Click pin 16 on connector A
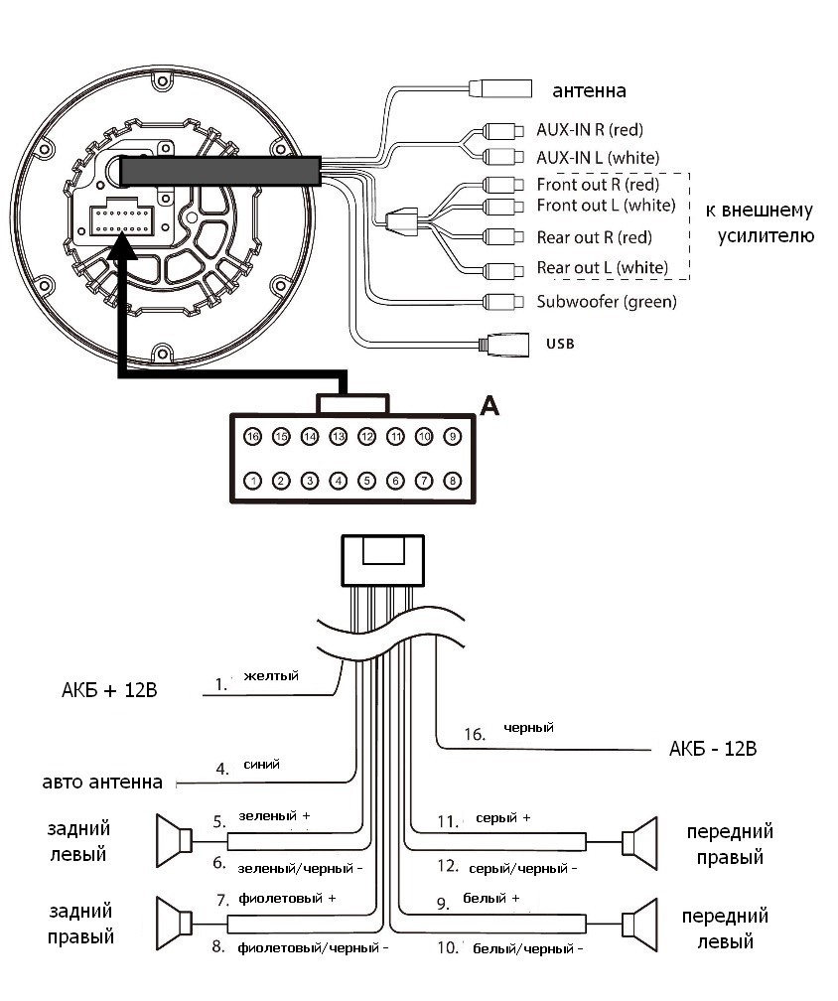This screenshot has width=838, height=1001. (253, 437)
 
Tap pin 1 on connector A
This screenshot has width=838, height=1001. (253, 481)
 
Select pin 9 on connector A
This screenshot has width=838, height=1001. (453, 437)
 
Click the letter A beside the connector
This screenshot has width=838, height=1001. (489, 405)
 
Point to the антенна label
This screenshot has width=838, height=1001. (589, 90)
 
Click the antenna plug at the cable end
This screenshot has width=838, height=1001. (500, 88)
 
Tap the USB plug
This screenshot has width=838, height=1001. (504, 345)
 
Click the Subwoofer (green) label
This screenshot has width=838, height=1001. (607, 301)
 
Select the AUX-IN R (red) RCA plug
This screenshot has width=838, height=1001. (503, 131)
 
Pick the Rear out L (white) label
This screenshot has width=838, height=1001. (603, 267)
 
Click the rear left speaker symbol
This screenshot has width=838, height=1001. (174, 841)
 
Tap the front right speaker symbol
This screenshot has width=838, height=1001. (639, 843)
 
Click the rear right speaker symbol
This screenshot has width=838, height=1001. (174, 924)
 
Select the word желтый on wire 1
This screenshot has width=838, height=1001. (271, 675)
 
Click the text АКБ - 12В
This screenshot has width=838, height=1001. (713, 748)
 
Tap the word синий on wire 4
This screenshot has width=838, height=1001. (262, 765)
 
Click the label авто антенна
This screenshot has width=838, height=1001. (102, 783)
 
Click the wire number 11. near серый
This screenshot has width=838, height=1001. (448, 821)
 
